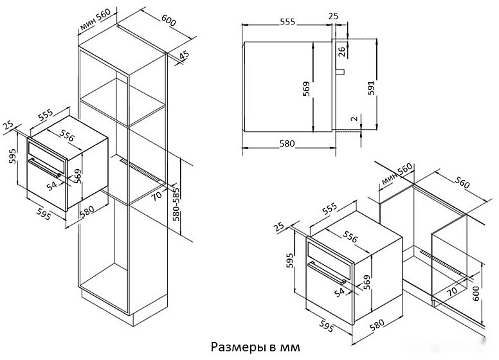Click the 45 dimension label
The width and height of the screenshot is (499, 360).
185,56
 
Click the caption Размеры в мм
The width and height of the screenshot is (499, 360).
255,347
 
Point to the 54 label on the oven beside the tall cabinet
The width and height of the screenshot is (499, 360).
52,185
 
